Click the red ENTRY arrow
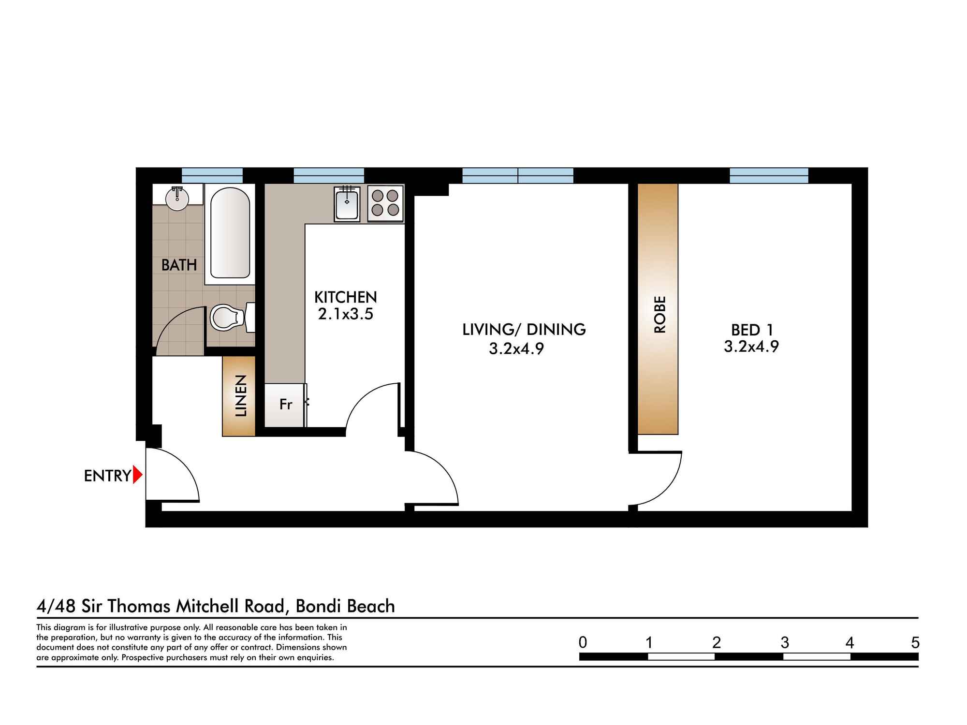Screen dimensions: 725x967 (x=137, y=475)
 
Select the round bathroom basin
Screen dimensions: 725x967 (x=177, y=199)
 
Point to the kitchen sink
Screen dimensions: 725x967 (x=347, y=204)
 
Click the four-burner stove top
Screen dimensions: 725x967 (x=385, y=203)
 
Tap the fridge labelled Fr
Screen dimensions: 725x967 (x=285, y=405)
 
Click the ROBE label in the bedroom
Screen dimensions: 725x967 (x=659, y=314)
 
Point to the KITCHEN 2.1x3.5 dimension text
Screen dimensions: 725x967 (x=345, y=315)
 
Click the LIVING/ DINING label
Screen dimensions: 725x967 (x=524, y=330)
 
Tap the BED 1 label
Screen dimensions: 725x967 (x=752, y=330)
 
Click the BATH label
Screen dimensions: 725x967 (x=179, y=265)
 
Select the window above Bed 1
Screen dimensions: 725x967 (x=768, y=175)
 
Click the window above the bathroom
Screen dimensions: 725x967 (x=212, y=175)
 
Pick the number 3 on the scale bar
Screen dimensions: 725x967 (x=785, y=643)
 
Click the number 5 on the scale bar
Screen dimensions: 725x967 (x=915, y=643)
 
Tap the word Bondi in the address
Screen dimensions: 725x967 (x=319, y=606)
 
